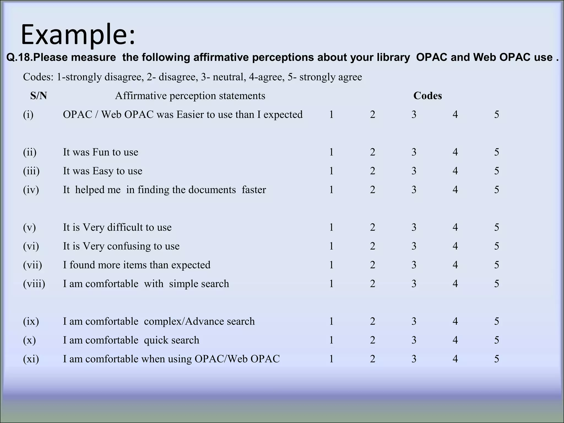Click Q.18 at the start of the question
[19, 57]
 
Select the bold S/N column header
[39, 96]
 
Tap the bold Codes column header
[427, 96]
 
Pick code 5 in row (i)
[497, 115]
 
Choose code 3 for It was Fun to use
[414, 152]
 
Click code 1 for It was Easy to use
[331, 171]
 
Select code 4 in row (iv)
[455, 190]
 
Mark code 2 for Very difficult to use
[373, 227]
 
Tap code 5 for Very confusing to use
[497, 246]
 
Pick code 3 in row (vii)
[414, 265]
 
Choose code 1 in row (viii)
[331, 284]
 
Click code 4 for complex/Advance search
[455, 321]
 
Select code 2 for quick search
[373, 340]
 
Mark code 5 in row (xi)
[497, 359]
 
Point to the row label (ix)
[31, 321]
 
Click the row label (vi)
[31, 246]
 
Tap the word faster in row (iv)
[254, 190]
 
